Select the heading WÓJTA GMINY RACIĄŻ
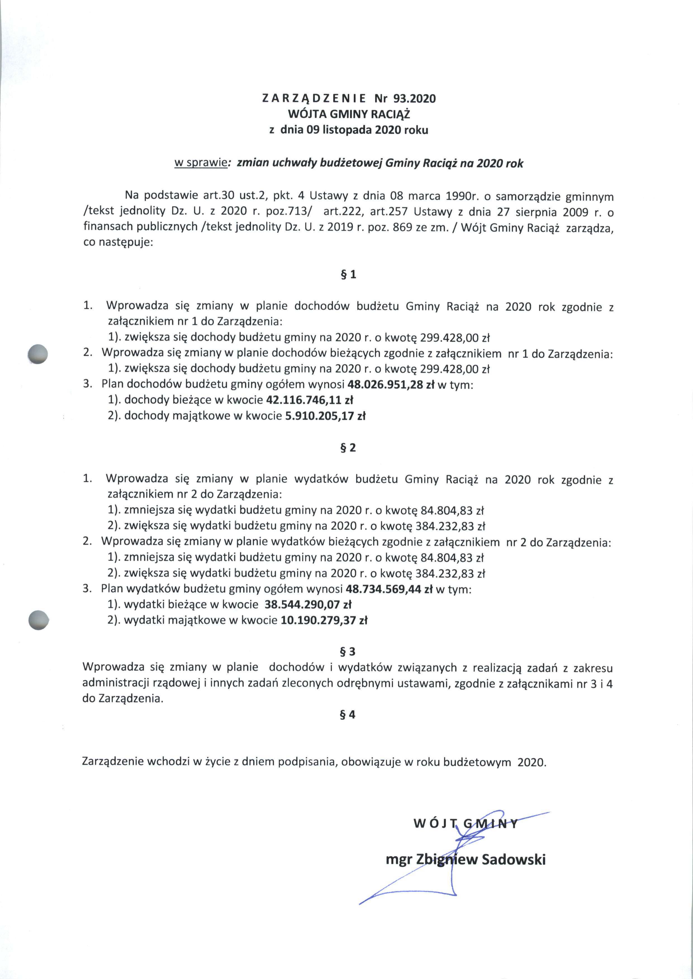point(349,114)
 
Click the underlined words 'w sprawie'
point(200,163)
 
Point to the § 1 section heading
point(348,274)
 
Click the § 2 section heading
point(348,448)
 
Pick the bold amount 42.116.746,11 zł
point(309,400)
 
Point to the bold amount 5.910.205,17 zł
point(325,416)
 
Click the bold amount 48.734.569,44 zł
point(389,589)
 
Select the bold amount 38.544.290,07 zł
point(308,604)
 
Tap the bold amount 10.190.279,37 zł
point(324,620)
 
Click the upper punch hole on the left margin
point(37,354)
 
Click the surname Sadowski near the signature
point(513,859)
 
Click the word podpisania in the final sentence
point(308,762)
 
